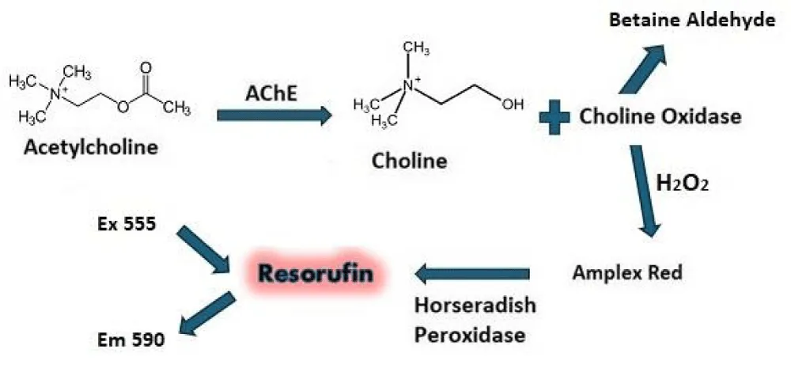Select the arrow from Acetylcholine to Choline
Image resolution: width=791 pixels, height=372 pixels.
click(x=274, y=116)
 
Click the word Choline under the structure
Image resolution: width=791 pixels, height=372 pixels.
click(x=410, y=161)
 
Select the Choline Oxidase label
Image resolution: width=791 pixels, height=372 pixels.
click(x=660, y=117)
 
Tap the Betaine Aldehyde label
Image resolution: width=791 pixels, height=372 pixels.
click(x=691, y=20)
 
